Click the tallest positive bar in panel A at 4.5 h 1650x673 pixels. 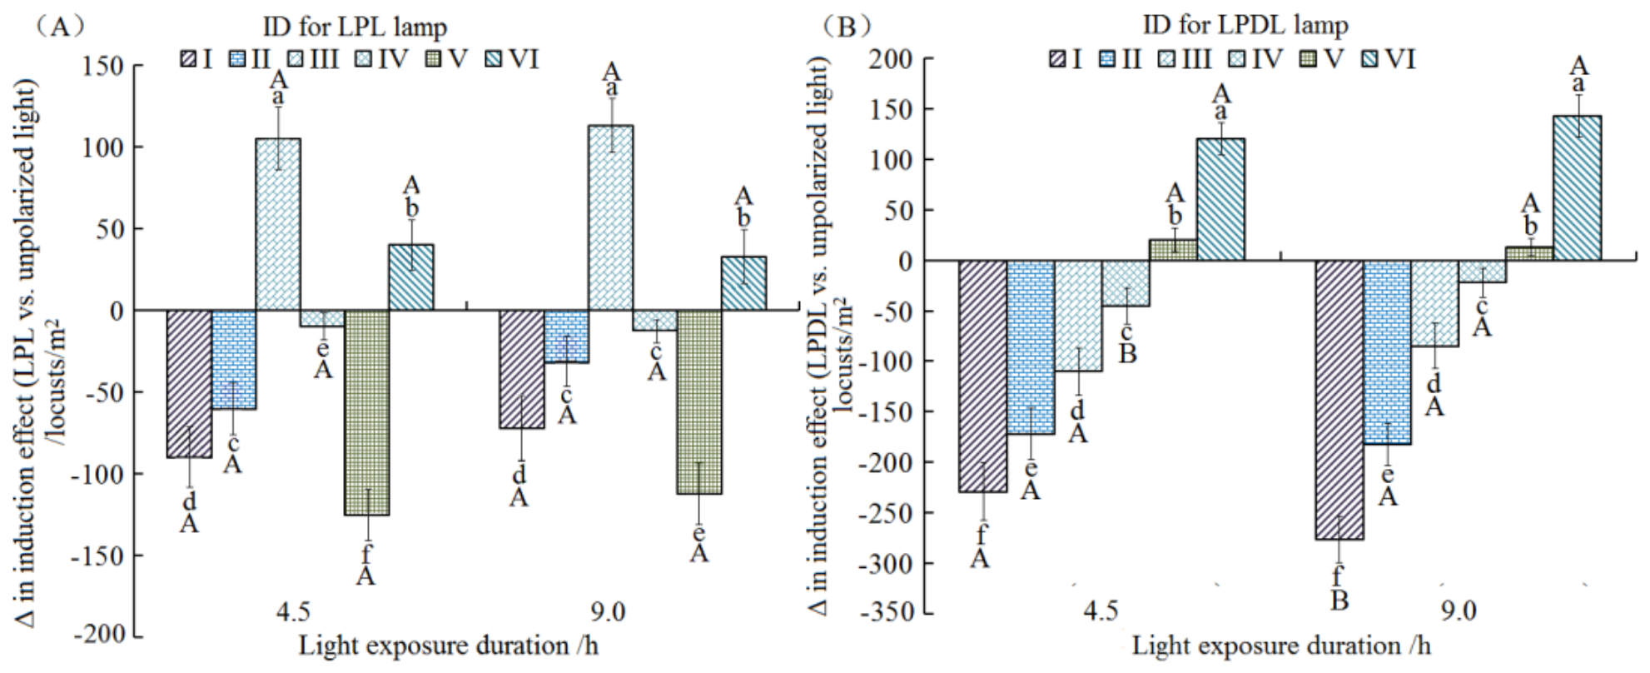pyautogui.click(x=278, y=224)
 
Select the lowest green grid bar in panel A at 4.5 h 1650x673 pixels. pyautogui.click(x=366, y=413)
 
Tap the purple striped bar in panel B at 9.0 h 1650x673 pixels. pyautogui.click(x=1339, y=400)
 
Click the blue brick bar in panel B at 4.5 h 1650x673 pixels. pyautogui.click(x=1031, y=347)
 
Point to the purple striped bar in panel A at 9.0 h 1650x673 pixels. pyautogui.click(x=521, y=369)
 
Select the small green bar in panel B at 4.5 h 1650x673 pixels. pyautogui.click(x=1174, y=250)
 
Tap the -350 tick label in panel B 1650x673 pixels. pyautogui.click(x=894, y=613)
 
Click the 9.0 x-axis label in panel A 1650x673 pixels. pyautogui.click(x=609, y=612)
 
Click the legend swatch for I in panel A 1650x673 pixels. pyautogui.click(x=187, y=59)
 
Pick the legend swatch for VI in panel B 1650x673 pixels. pyautogui.click(x=1373, y=59)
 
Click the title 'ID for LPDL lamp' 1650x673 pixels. pyautogui.click(x=1245, y=25)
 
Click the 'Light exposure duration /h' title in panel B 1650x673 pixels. pyautogui.click(x=1281, y=646)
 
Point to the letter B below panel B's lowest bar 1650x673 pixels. pyautogui.click(x=1339, y=601)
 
